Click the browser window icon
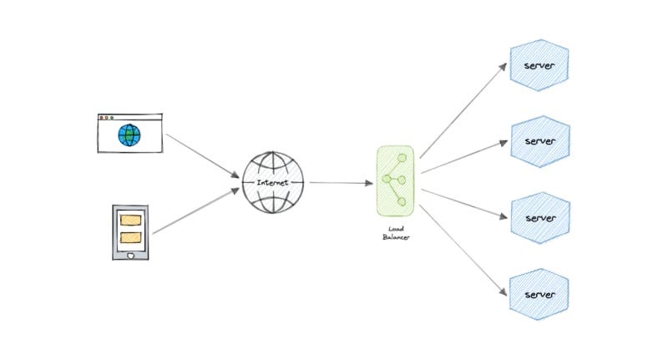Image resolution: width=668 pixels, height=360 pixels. tap(130, 133)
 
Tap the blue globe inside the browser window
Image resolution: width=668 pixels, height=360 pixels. tap(129, 135)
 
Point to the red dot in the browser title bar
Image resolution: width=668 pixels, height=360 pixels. tap(101, 118)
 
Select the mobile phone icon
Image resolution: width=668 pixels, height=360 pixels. tap(130, 232)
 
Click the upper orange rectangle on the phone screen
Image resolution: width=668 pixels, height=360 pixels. tap(131, 221)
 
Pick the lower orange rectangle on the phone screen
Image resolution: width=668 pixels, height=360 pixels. tap(131, 237)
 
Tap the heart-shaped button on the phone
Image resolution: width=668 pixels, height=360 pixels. tap(131, 256)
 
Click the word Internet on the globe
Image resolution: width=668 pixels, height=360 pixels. tap(273, 182)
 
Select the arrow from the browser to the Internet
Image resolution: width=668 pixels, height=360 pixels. tap(202, 156)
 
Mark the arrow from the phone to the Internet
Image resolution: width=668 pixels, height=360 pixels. tap(196, 210)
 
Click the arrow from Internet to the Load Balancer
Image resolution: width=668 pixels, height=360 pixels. tap(342, 183)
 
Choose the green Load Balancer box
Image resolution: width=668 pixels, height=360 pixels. tap(395, 181)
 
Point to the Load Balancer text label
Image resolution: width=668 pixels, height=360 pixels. tap(396, 233)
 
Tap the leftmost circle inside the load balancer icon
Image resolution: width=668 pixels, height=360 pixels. tap(386, 179)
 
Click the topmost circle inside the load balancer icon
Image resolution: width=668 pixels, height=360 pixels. tap(402, 158)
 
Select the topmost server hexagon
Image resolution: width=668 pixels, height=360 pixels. tap(539, 65)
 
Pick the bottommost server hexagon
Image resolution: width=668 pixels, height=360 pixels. tap(539, 294)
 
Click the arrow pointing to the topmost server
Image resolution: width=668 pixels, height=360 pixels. tap(463, 111)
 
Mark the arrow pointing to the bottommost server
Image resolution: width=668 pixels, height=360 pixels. tap(463, 251)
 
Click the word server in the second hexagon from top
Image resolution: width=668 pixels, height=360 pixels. tap(540, 141)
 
